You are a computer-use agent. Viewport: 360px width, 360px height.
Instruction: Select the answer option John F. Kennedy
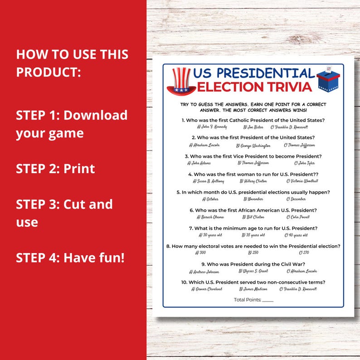(212, 127)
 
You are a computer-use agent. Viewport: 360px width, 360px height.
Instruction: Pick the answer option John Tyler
(304, 163)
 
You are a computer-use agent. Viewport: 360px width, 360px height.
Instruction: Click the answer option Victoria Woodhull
(305, 181)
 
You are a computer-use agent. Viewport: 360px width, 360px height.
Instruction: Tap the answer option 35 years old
(253, 235)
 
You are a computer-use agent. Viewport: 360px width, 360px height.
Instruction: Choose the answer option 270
(303, 253)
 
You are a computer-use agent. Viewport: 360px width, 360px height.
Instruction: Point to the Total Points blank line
(268, 300)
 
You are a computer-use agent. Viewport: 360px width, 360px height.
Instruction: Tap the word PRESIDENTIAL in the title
(253, 73)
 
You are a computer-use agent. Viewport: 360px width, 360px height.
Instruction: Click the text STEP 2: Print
(55, 169)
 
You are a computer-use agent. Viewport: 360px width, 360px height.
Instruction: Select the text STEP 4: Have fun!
(70, 258)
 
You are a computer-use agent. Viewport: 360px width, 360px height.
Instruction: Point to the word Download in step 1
(95, 115)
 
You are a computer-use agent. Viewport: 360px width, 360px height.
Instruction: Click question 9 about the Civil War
(253, 264)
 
